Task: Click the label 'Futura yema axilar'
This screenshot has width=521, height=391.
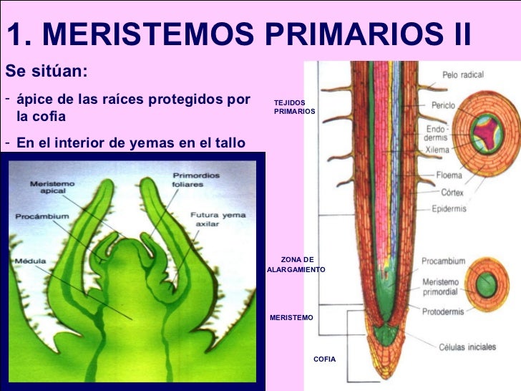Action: (x=213, y=218)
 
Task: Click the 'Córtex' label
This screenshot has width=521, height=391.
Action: (x=452, y=192)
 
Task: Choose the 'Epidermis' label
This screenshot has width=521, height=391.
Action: (x=449, y=208)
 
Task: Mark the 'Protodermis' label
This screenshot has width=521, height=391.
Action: (x=442, y=312)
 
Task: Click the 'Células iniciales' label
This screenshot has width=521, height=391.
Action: (x=466, y=347)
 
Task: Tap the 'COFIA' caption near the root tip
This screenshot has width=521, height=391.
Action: (x=324, y=359)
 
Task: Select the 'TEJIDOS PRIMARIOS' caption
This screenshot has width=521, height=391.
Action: (x=293, y=108)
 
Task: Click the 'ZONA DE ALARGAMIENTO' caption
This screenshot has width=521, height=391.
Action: (x=296, y=264)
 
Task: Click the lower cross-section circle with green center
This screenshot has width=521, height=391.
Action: (x=486, y=284)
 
